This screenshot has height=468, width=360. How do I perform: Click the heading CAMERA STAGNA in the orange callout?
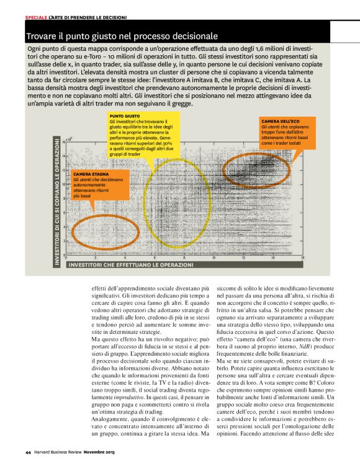pyautogui.click(x=91, y=173)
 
